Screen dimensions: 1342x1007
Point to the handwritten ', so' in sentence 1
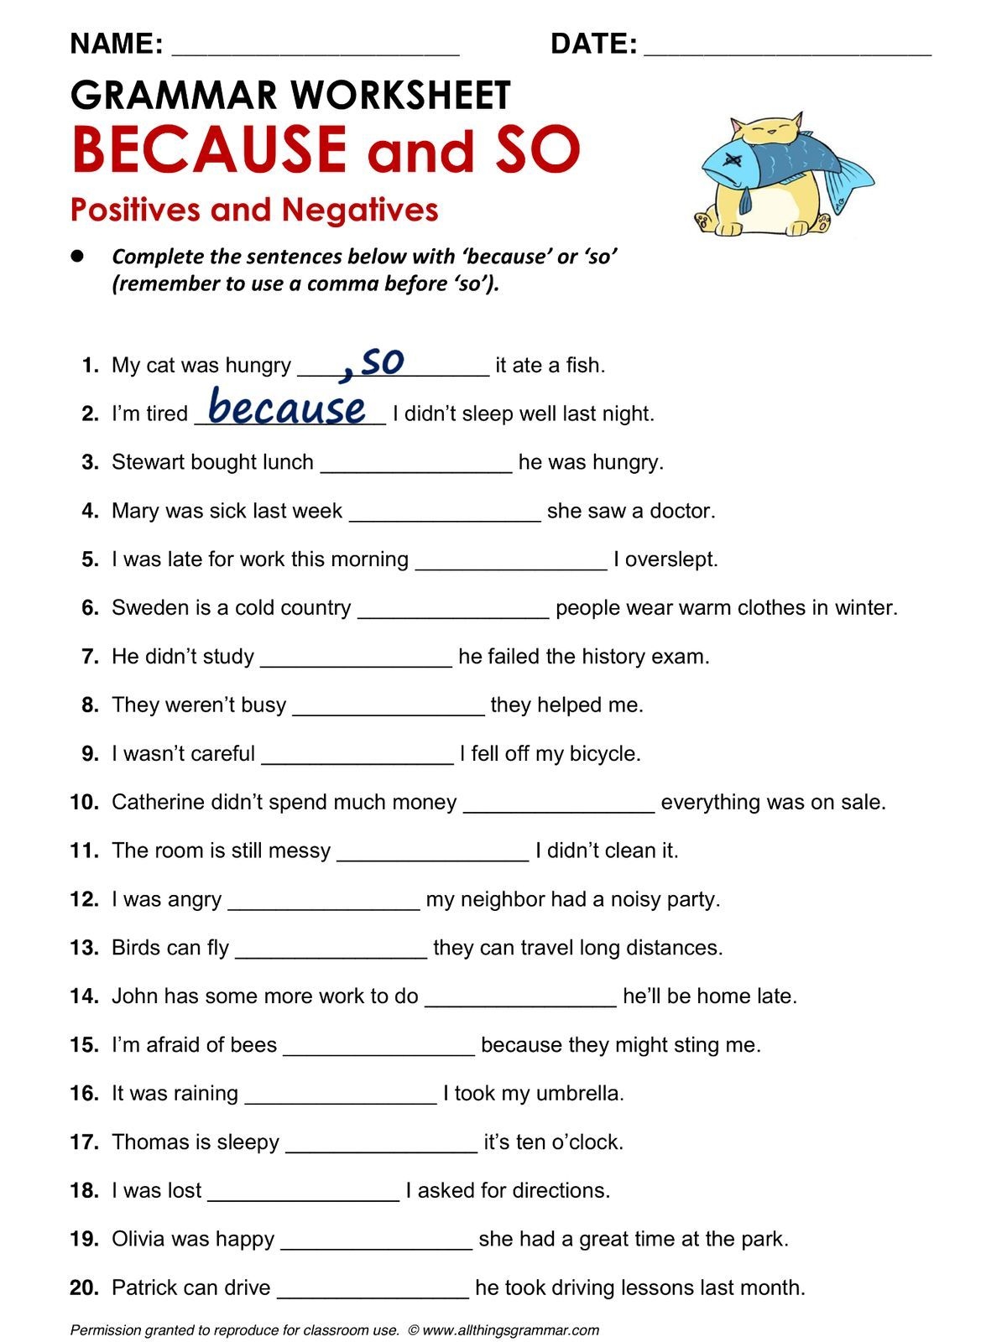click(x=373, y=362)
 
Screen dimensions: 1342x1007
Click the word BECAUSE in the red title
click(x=209, y=149)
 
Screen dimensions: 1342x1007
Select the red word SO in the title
click(x=537, y=149)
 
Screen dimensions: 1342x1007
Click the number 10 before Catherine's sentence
click(x=84, y=802)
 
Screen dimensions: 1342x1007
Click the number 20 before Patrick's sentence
click(x=84, y=1287)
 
